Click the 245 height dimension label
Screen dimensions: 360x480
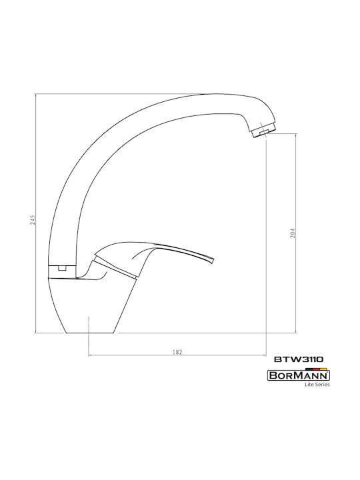pos(33,220)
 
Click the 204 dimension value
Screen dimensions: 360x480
pos(293,233)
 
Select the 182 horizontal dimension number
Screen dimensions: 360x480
pos(177,352)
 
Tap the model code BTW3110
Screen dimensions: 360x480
pos(299,359)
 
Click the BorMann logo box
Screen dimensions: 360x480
pos(299,375)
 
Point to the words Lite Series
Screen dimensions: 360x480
pos(317,385)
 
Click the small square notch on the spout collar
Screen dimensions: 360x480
pos(63,268)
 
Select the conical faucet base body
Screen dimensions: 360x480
pos(92,305)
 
